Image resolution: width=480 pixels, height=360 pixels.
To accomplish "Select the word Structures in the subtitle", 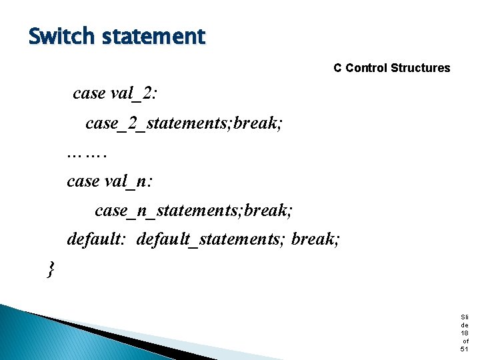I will point(421,68).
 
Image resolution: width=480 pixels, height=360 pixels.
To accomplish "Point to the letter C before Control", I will point(338,68).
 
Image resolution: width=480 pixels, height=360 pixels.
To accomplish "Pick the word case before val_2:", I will point(89,93).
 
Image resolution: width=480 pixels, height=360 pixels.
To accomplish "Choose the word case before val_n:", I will point(83,181).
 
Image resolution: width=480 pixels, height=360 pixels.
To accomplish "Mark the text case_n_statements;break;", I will point(194,211).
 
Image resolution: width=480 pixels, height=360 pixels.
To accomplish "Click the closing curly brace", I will point(51,269).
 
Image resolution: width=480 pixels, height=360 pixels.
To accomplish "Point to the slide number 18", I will point(465,333).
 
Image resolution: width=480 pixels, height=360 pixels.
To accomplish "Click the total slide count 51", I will point(465,349).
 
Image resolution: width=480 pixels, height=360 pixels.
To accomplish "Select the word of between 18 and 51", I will point(465,341).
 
